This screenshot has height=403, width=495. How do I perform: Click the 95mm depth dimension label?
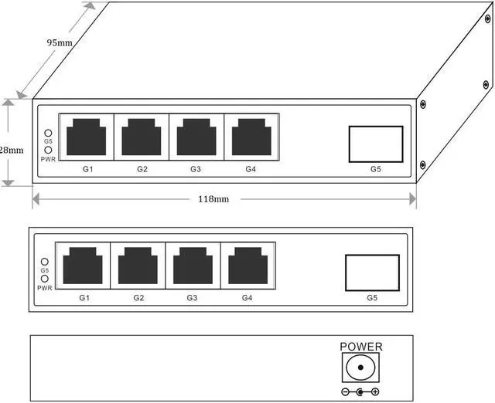(x=60, y=42)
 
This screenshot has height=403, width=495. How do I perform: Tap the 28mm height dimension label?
(x=12, y=150)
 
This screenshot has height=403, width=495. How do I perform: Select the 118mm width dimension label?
(x=213, y=199)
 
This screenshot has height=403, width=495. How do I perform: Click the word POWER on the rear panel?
(x=361, y=347)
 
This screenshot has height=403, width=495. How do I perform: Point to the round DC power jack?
(x=360, y=367)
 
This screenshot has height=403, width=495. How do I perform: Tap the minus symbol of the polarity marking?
(x=345, y=392)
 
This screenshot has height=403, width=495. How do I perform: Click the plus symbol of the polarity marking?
(x=375, y=392)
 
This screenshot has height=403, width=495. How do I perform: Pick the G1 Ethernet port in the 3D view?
(x=86, y=137)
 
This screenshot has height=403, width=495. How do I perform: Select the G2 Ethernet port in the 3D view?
(x=142, y=137)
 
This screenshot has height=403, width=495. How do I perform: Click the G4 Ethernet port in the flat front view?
(x=247, y=266)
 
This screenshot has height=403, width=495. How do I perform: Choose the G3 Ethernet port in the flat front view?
(x=193, y=266)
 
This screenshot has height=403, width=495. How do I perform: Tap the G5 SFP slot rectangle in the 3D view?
(x=376, y=144)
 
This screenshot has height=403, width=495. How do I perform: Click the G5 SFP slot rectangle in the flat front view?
(x=372, y=273)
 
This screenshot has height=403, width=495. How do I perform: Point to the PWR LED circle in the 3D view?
(x=48, y=150)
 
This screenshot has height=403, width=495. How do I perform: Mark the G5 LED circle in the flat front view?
(x=45, y=262)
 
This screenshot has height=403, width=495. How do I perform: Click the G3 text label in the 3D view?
(x=196, y=169)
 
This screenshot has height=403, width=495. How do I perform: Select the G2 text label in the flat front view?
(x=138, y=298)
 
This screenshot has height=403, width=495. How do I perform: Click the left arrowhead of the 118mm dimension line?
(x=36, y=199)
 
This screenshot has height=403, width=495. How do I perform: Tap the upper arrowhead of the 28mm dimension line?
(x=9, y=103)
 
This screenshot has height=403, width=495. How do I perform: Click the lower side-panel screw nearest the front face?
(x=423, y=164)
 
